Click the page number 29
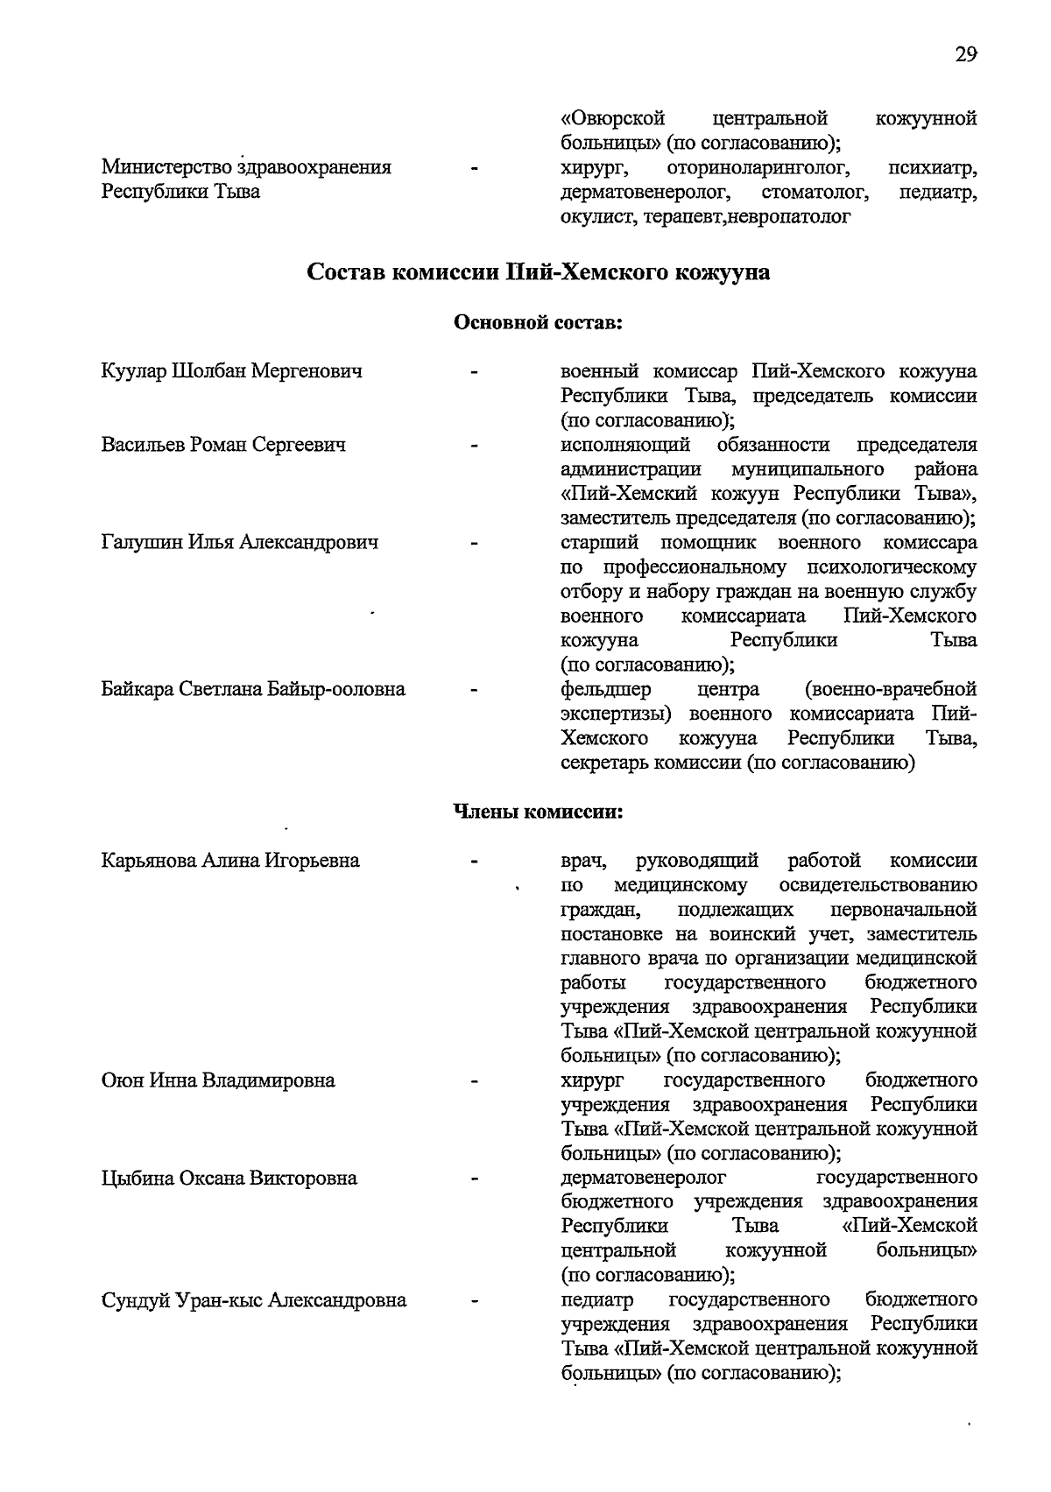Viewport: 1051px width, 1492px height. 965,55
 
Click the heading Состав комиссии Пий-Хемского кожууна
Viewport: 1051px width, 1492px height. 539,272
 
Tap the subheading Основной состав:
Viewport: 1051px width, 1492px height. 537,323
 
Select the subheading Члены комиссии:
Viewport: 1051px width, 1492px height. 537,812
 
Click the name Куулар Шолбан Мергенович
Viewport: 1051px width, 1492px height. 232,371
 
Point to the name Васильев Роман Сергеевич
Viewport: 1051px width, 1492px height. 223,445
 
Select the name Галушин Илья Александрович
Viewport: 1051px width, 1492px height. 240,543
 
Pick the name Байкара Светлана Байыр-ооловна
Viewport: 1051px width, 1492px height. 253,689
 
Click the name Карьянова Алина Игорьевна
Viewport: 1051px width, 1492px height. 230,861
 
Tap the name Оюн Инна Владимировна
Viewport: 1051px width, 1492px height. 218,1080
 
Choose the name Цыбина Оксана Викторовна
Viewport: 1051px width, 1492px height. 229,1179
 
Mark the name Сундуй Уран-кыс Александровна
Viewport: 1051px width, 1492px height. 254,1300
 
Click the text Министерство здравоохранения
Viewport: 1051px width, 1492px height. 246,167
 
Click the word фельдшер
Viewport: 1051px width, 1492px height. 604,689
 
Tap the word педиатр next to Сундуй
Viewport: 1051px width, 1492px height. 597,1299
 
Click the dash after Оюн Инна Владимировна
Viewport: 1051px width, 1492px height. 474,1082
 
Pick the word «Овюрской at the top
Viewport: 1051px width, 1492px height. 612,118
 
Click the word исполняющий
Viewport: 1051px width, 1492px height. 624,445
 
